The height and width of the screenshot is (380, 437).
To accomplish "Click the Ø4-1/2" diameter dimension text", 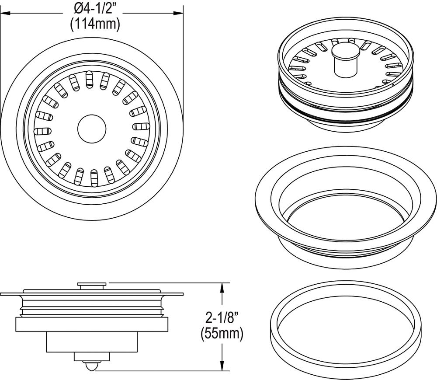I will (95, 8).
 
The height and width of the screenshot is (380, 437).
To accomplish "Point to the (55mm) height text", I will (222, 334).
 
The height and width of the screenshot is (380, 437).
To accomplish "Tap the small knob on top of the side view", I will (91, 285).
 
